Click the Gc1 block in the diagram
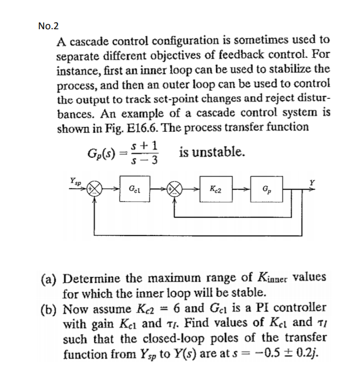click(135, 189)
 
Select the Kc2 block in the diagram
click(216, 189)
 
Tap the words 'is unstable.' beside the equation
click(212, 153)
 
